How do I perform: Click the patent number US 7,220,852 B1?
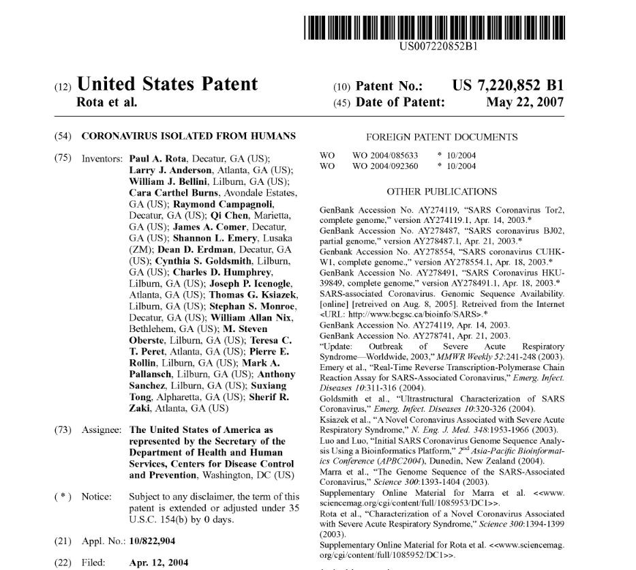click(508, 86)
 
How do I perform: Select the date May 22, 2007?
click(525, 102)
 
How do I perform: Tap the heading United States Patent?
click(168, 84)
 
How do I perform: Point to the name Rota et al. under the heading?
click(108, 102)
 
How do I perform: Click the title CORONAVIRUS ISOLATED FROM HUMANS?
click(188, 136)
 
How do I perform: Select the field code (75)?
click(62, 158)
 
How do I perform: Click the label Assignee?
click(102, 430)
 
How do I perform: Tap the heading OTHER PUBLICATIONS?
click(442, 192)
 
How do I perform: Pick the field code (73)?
click(62, 430)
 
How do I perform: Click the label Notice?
click(97, 497)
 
